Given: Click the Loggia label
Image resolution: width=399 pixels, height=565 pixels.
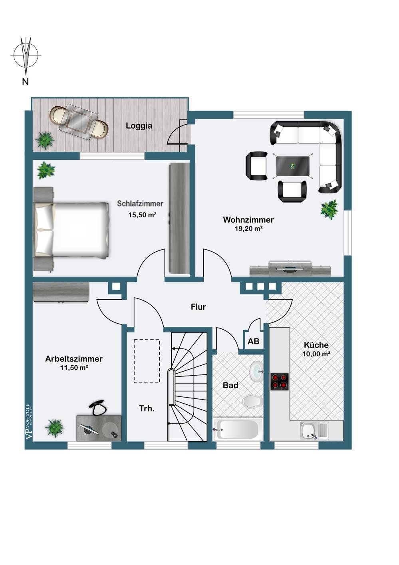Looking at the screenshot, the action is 139,125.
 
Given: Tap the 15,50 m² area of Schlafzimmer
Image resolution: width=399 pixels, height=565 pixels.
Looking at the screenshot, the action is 142,215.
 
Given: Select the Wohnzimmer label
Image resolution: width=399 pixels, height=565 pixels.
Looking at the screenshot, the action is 248,219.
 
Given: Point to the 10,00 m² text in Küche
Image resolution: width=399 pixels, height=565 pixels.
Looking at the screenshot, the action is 316,354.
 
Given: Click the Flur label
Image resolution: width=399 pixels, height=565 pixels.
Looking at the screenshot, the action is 199,307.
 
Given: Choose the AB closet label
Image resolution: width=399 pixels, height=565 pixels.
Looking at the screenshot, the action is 253,341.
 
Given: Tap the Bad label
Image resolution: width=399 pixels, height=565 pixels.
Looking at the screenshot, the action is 230,385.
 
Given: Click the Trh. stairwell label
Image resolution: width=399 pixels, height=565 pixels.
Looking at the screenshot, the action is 147,408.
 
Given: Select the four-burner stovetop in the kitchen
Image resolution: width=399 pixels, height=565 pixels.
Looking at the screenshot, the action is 279,381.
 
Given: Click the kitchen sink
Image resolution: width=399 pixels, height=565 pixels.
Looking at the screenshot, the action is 315,431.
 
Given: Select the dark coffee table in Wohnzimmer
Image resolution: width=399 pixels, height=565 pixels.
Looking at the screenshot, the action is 293,166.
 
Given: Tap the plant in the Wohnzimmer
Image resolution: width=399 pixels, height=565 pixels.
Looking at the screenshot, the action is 329,209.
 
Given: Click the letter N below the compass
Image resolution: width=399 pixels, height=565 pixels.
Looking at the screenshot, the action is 25,82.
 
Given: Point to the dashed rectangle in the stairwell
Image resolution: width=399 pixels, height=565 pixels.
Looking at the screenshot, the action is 147,361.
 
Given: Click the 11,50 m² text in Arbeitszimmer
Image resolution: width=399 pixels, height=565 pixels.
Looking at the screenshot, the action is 74,368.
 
